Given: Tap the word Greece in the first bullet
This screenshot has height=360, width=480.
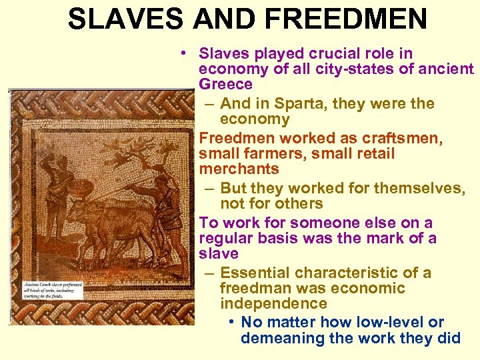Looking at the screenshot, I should (225, 85).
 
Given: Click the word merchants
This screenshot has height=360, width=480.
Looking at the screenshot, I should (239, 169).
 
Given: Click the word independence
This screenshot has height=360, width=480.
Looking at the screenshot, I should (273, 303).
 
